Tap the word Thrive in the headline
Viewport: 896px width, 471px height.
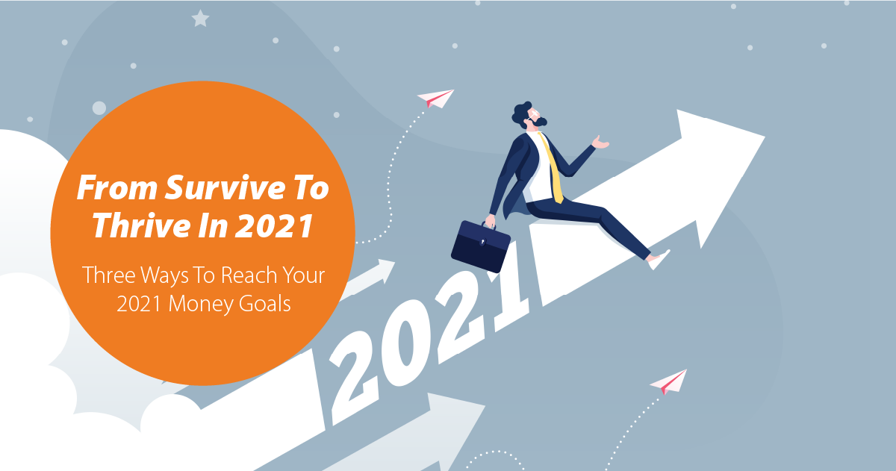(141, 225)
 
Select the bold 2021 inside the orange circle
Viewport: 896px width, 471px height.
(274, 226)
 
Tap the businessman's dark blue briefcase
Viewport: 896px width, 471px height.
(480, 246)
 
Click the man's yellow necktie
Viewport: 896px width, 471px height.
(552, 168)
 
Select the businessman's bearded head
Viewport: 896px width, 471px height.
(529, 115)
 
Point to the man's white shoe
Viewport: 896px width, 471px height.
(659, 260)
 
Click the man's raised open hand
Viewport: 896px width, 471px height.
(600, 143)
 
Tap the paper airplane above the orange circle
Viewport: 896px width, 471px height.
(436, 99)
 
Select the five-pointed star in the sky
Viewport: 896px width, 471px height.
(200, 19)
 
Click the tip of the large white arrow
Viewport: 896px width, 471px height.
(765, 137)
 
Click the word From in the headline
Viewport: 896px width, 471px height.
(116, 187)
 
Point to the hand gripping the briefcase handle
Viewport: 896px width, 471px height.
(490, 222)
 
